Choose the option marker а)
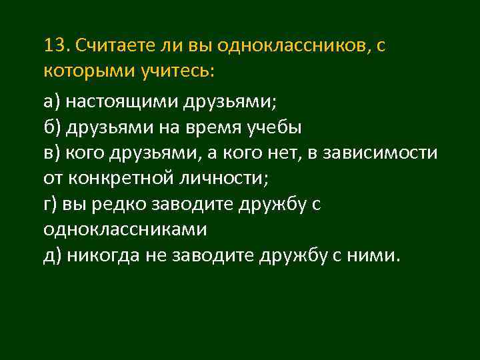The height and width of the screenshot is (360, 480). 52,102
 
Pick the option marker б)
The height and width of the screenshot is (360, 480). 52,127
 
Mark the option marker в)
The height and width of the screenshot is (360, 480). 52,153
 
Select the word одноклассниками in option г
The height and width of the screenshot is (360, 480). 125,229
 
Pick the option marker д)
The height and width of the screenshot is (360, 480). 52,255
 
